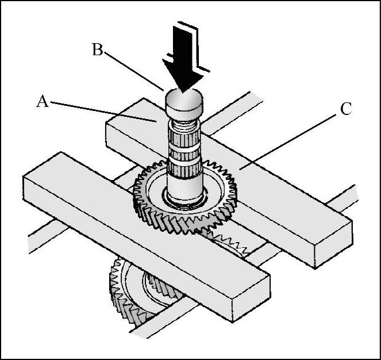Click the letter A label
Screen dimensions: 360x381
pyautogui.click(x=42, y=101)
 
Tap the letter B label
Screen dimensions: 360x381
pyautogui.click(x=98, y=49)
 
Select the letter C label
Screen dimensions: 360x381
pyautogui.click(x=346, y=109)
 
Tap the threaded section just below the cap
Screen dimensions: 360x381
pyautogui.click(x=182, y=122)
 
